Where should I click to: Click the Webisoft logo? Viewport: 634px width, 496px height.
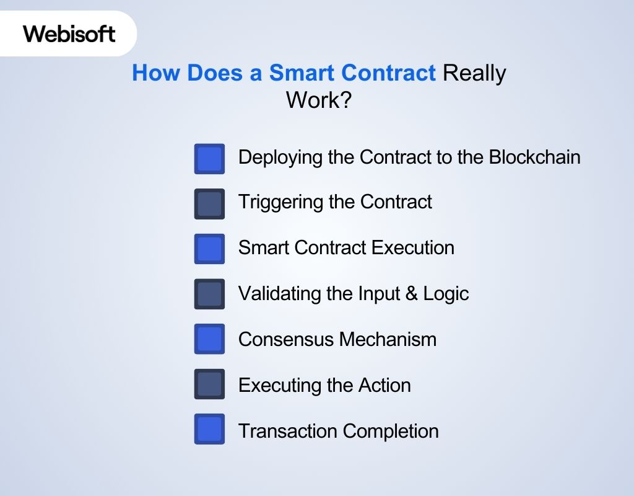[x=69, y=33]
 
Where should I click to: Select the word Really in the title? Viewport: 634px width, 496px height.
[x=474, y=73]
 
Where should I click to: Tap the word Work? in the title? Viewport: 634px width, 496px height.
[x=318, y=100]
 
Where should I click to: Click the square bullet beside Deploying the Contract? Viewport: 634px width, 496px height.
[x=209, y=159]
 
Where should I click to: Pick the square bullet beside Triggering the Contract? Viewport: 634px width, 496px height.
[x=209, y=204]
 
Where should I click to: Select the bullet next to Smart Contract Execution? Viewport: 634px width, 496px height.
[x=209, y=249]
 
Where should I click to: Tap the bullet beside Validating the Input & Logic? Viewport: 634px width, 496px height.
[x=209, y=294]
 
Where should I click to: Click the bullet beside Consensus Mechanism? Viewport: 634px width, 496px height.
[x=209, y=339]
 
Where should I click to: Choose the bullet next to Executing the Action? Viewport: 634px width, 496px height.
[x=209, y=384]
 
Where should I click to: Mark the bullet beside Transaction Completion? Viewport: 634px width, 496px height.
[x=209, y=429]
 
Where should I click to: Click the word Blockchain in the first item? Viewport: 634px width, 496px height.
[x=534, y=157]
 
